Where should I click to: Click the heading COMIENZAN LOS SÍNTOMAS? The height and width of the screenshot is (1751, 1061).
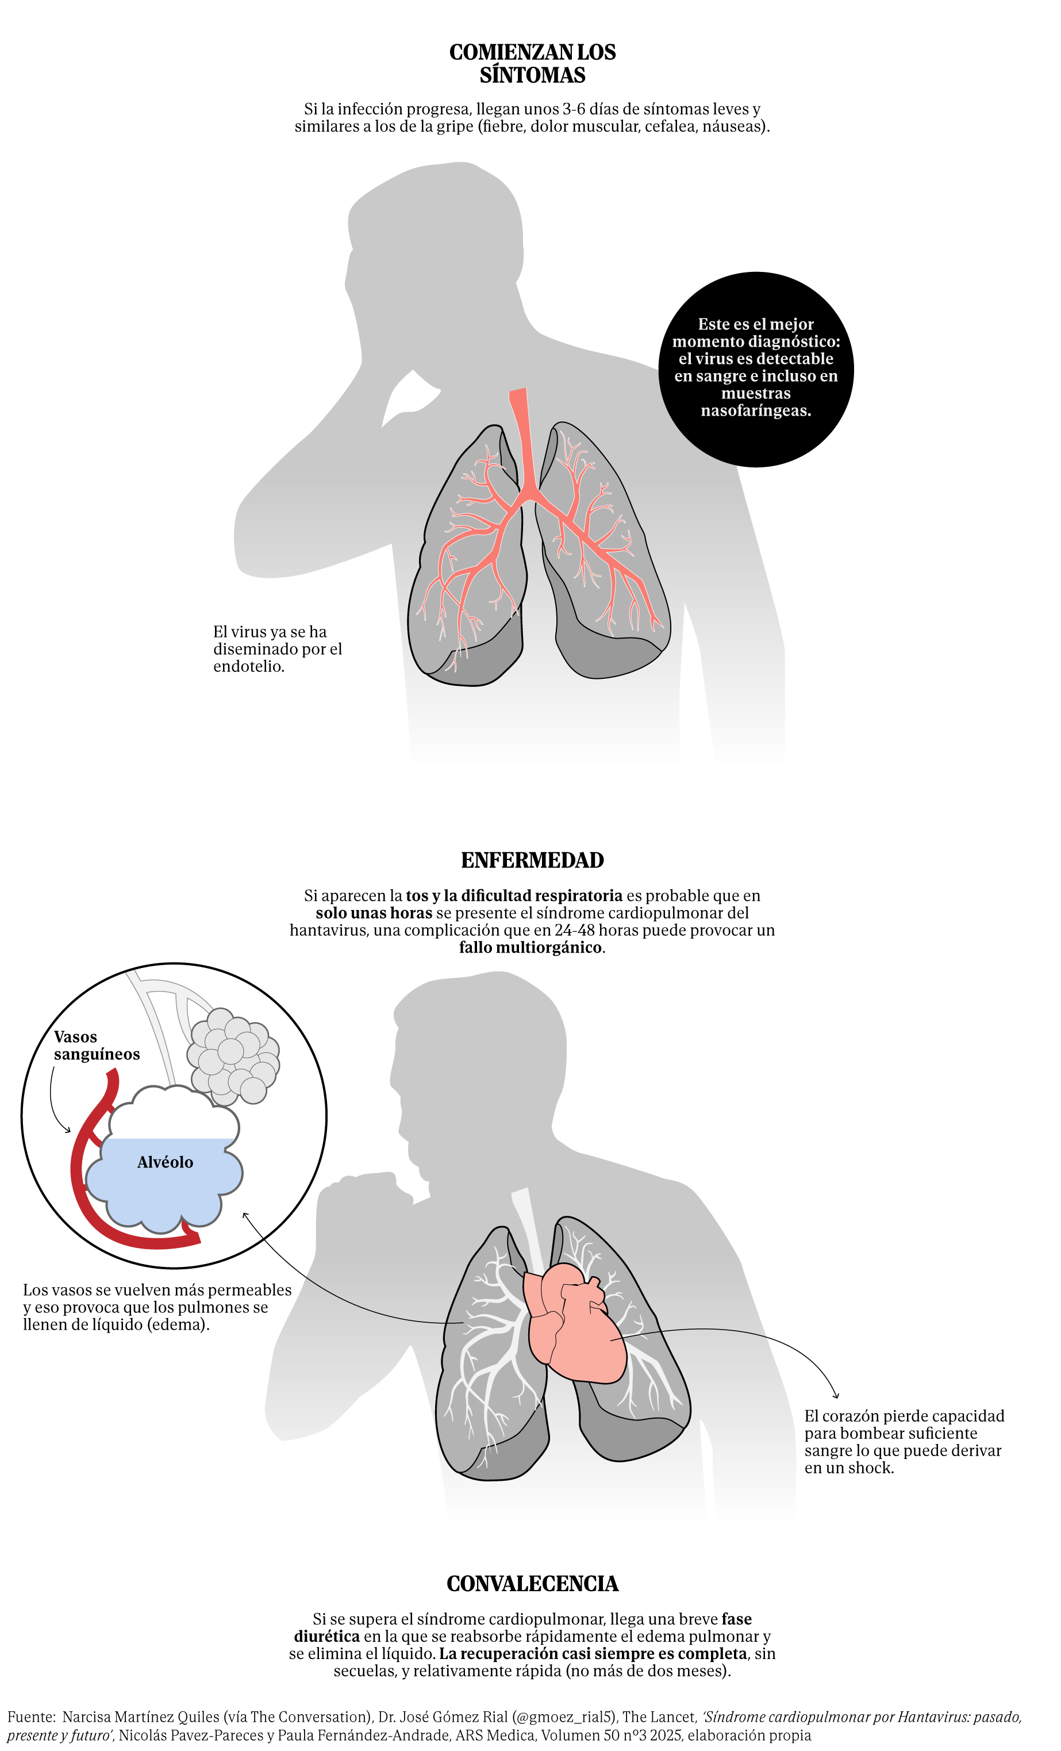pyautogui.click(x=532, y=63)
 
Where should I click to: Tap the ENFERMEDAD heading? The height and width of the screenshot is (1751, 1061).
pyautogui.click(x=532, y=860)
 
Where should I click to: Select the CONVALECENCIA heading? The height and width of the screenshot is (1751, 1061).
pyautogui.click(x=532, y=1583)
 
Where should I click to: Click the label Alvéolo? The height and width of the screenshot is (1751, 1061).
pyautogui.click(x=165, y=1162)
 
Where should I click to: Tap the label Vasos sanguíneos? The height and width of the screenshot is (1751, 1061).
pyautogui.click(x=97, y=1045)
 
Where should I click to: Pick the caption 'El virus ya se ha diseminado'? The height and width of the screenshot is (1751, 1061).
pyautogui.click(x=278, y=649)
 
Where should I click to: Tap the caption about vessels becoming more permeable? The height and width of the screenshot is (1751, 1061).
pyautogui.click(x=157, y=1307)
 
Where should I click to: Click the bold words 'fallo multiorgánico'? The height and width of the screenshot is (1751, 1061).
pyautogui.click(x=530, y=947)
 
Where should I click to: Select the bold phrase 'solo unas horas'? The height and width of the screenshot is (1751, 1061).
pyautogui.click(x=374, y=913)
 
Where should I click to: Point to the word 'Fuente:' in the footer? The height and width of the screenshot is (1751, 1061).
pyautogui.click(x=31, y=1717)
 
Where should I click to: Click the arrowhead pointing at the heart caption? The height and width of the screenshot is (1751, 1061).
pyautogui.click(x=836, y=1396)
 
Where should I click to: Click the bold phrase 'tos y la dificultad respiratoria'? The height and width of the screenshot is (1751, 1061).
pyautogui.click(x=514, y=896)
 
